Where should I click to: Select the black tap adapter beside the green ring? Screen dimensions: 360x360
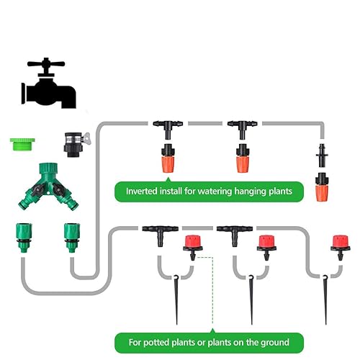73,140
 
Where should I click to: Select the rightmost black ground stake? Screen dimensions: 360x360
325,299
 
